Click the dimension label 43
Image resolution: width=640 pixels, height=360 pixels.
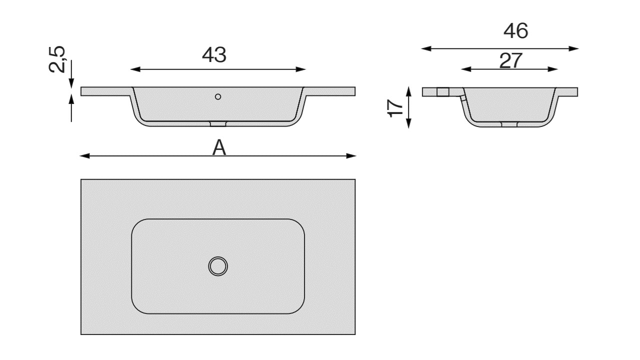(214, 55)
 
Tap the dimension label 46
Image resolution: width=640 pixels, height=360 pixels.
(515, 31)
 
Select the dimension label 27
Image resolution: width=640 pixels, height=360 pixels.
(510, 60)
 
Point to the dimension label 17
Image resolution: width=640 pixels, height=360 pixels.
(395, 108)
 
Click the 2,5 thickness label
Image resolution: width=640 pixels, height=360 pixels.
(57, 59)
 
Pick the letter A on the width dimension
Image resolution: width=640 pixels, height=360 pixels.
(219, 147)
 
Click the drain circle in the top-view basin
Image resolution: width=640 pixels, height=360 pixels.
(218, 266)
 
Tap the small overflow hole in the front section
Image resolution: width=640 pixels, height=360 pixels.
(218, 97)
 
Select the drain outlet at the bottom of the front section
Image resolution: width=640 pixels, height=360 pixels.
(218, 123)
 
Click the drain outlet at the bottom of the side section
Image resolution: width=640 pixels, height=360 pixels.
(509, 124)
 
